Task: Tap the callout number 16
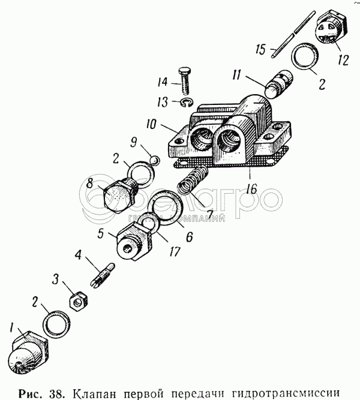[251, 188]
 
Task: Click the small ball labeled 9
[154, 160]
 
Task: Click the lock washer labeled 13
[187, 103]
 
